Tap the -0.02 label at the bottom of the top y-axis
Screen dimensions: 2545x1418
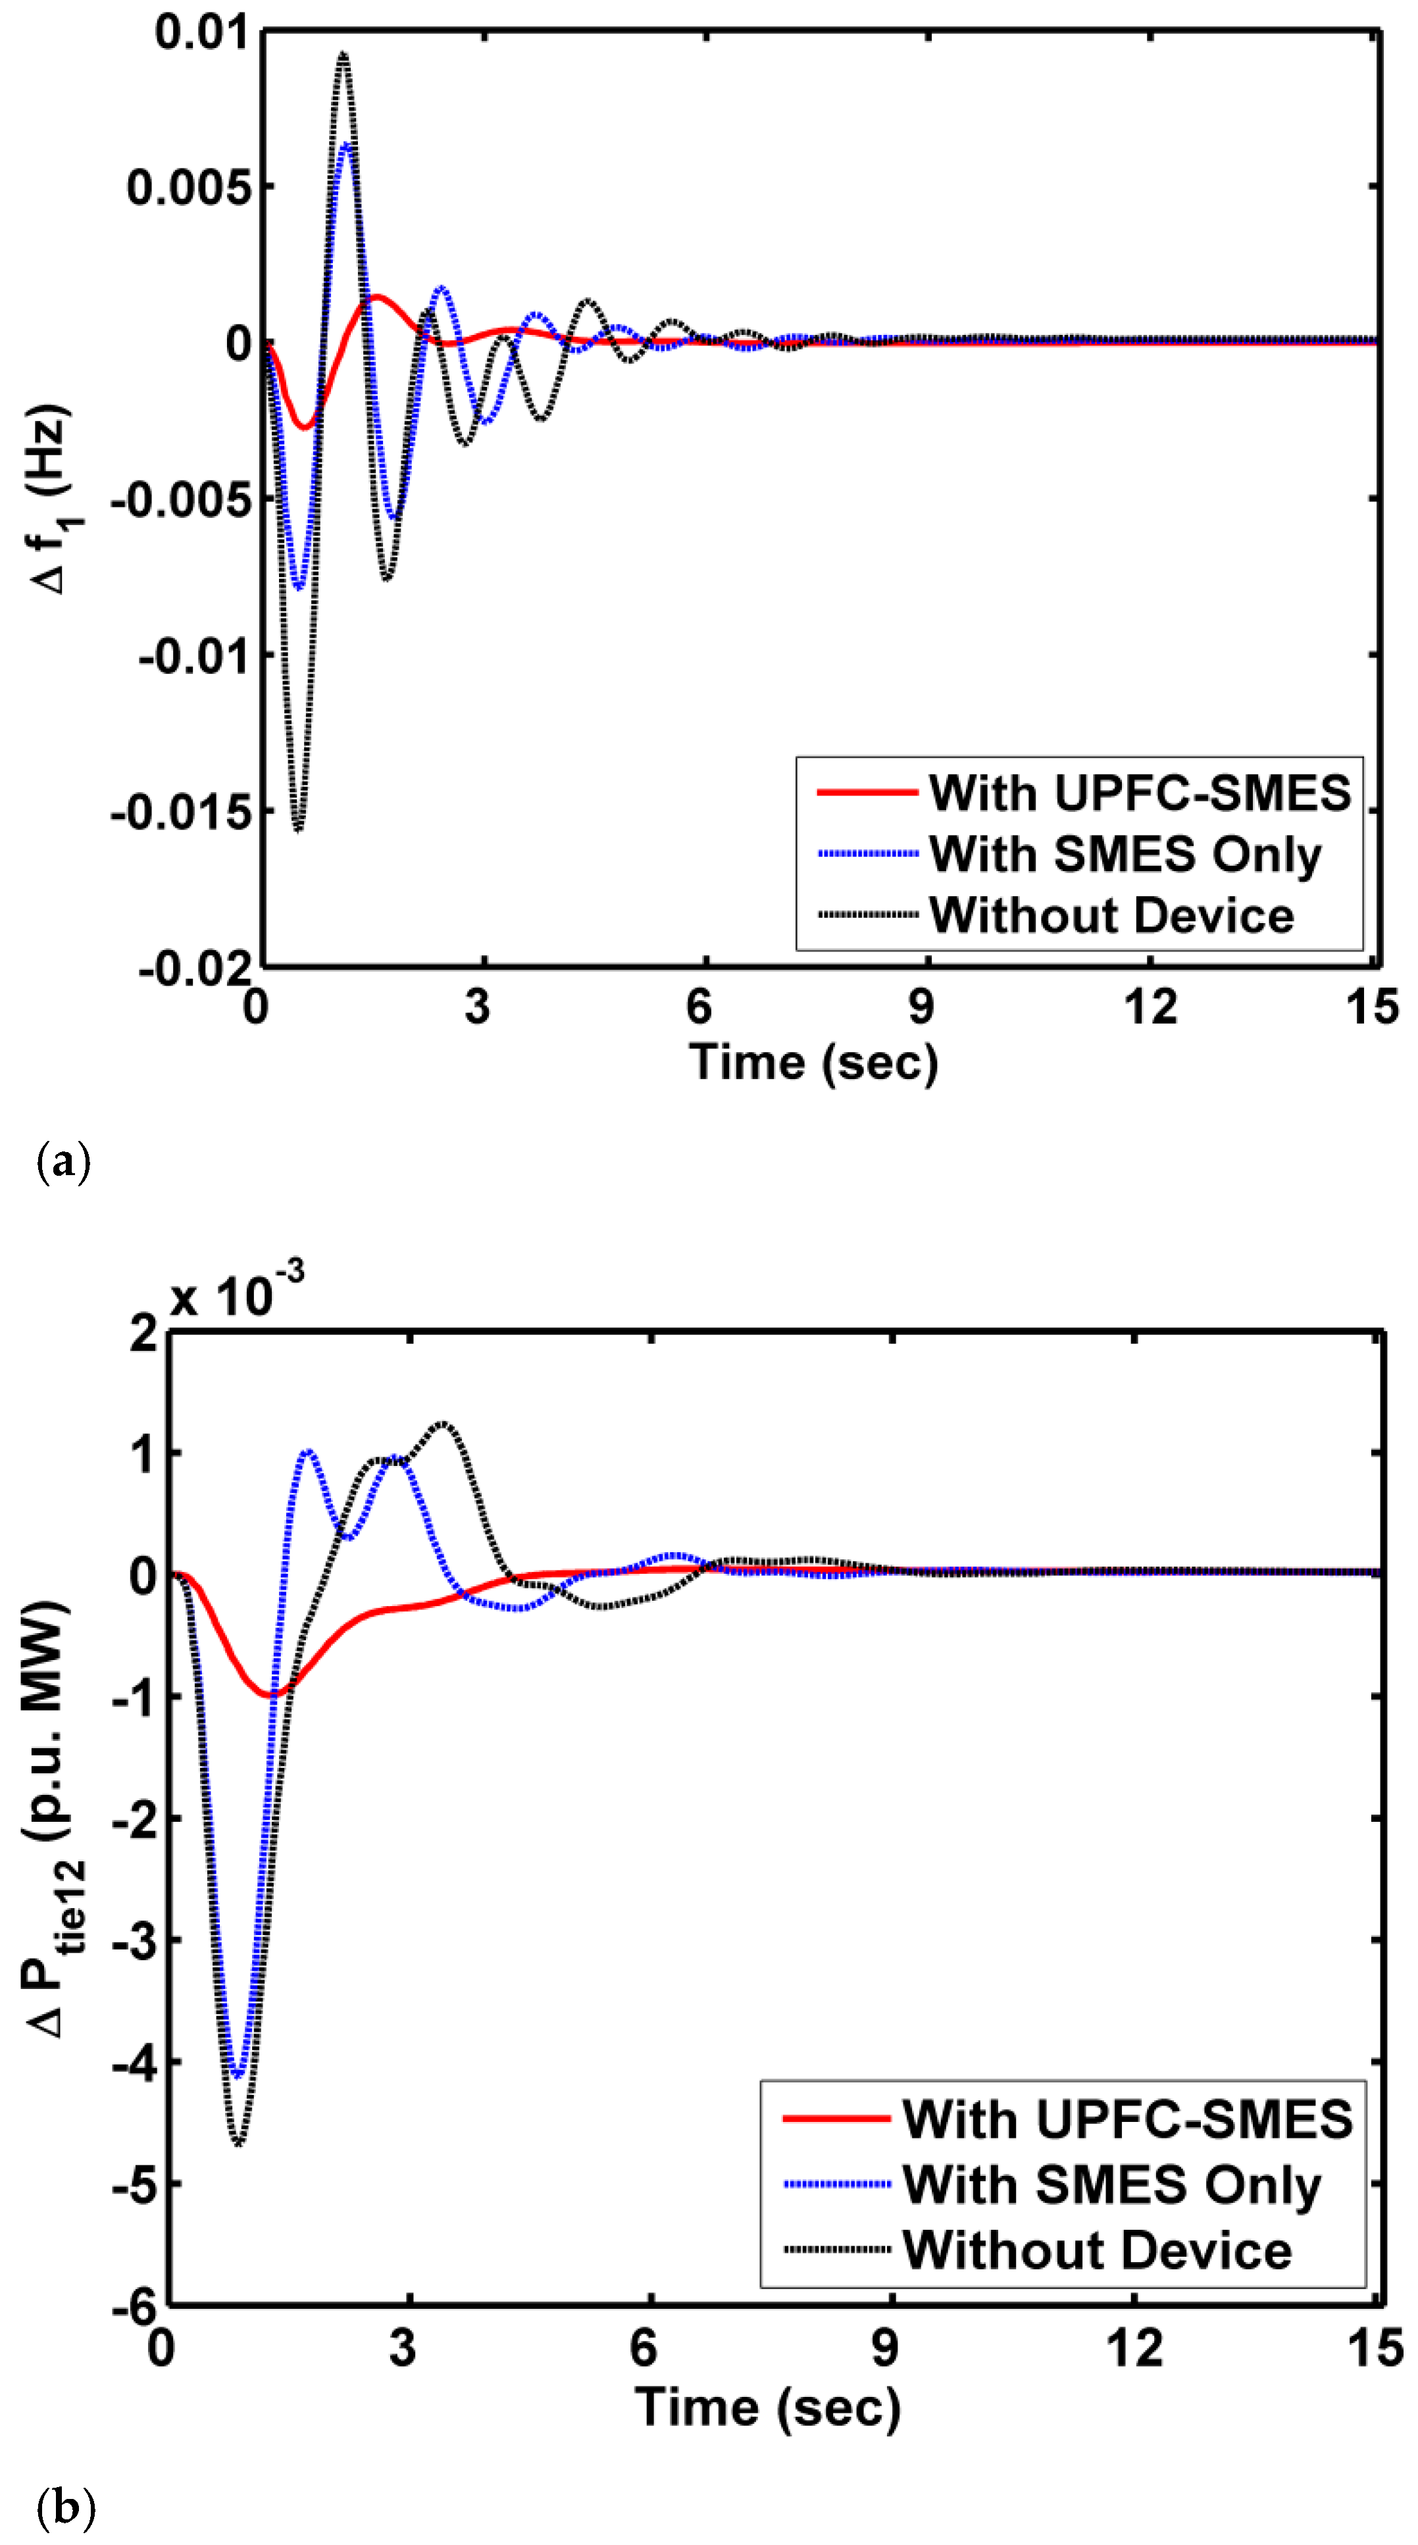[195, 967]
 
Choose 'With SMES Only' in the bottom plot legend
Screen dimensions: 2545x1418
[1111, 2184]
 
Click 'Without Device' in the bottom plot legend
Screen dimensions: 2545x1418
[1097, 2250]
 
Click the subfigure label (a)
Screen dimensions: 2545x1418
[63, 1160]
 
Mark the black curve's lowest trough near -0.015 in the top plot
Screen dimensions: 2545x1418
[299, 828]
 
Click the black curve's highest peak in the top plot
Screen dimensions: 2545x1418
[342, 55]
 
